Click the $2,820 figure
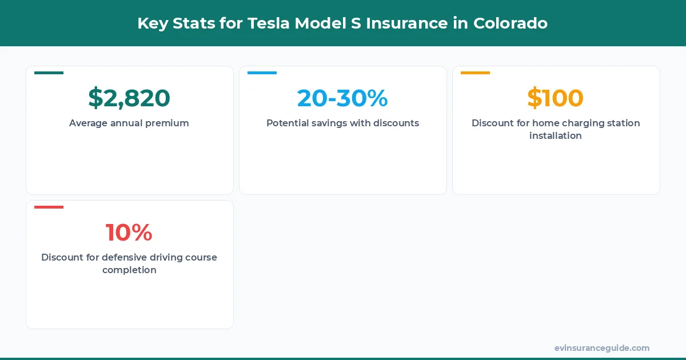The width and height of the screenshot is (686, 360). pos(129,98)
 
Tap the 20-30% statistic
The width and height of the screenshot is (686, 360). pos(342,98)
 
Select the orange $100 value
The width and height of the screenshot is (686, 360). pos(555,98)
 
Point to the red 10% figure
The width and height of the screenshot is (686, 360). pos(129,233)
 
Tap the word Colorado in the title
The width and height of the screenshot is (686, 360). pos(510,23)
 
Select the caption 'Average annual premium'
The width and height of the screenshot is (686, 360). pos(129,123)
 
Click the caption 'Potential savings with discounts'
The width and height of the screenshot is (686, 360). pos(342,123)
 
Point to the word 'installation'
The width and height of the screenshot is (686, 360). pos(555,136)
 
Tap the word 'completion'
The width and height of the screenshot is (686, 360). pos(129,270)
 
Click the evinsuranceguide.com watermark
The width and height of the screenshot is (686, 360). pos(602,348)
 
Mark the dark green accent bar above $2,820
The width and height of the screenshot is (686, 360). pos(49,73)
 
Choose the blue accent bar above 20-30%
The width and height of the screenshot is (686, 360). pos(262,73)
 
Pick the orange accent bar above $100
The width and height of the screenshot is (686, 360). pos(475,73)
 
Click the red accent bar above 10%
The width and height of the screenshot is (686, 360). pos(49,207)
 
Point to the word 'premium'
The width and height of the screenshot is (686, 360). pos(167,123)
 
